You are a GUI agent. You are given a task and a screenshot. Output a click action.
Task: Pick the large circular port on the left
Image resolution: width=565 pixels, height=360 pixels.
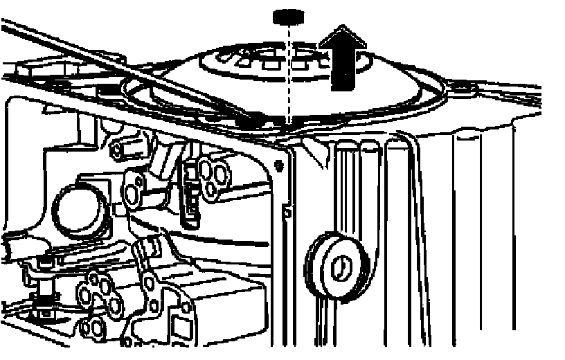tap(78, 208)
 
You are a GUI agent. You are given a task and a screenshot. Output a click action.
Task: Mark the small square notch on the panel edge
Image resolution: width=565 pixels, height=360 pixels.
tap(287, 206)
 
